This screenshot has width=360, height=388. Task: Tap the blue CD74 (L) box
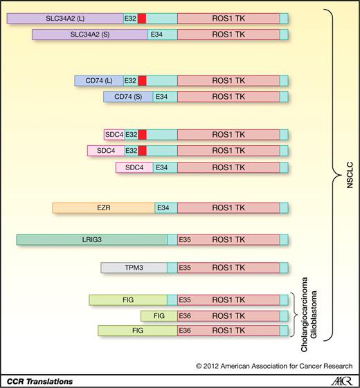[x=99, y=80]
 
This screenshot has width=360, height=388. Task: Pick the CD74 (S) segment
[x=128, y=97]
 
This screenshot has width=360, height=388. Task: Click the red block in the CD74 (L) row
[x=142, y=80]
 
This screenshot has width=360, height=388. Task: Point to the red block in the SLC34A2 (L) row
[x=142, y=17]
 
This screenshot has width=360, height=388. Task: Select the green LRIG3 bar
[x=91, y=239]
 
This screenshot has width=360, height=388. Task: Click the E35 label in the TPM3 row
[x=185, y=268]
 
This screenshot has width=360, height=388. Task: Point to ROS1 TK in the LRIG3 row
[x=228, y=239]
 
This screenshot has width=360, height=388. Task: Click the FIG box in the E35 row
[x=128, y=299]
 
